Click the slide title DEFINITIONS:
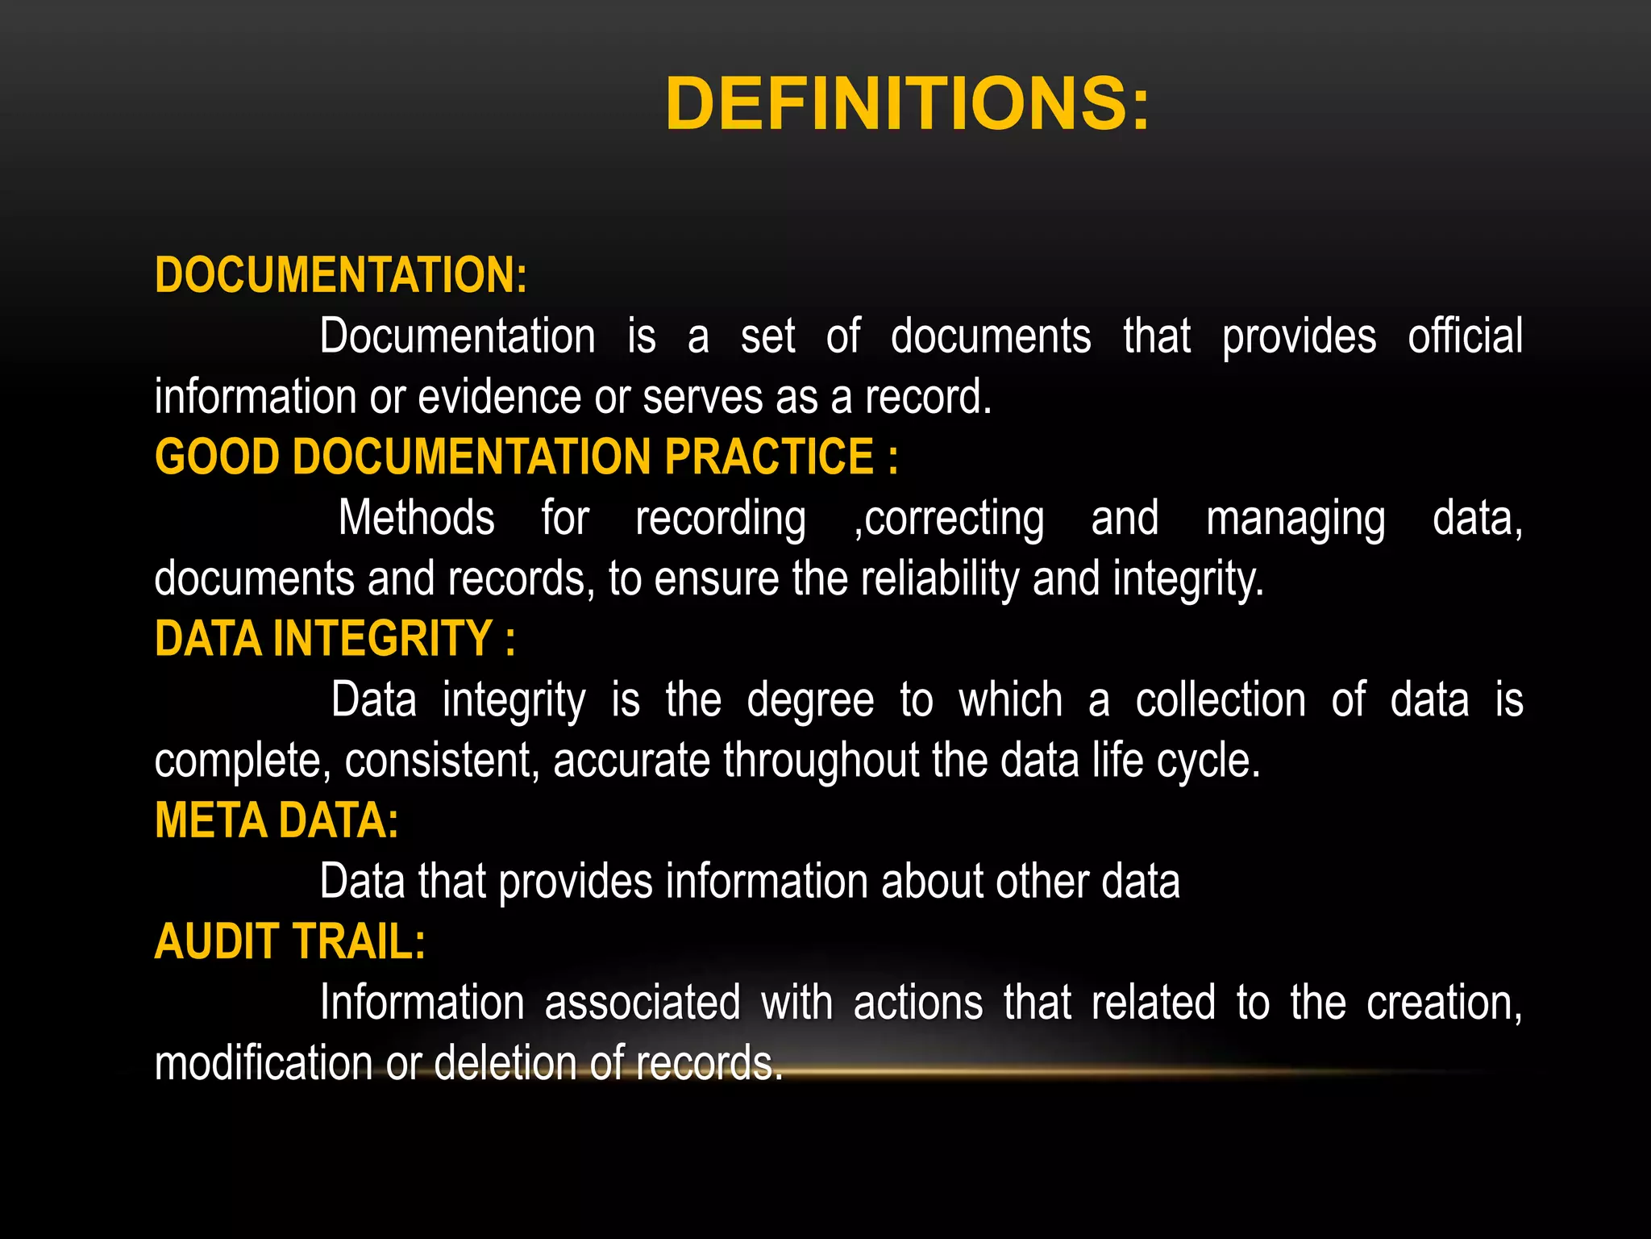pos(908,103)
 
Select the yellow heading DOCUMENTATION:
pos(341,275)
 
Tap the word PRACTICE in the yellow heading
pos(769,457)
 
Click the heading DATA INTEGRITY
pos(335,639)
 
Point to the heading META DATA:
pos(277,820)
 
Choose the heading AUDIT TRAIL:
pos(289,941)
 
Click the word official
pos(1465,336)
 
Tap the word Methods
pos(416,518)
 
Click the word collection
pos(1221,699)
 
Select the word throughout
pos(821,761)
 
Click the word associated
pos(643,1003)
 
